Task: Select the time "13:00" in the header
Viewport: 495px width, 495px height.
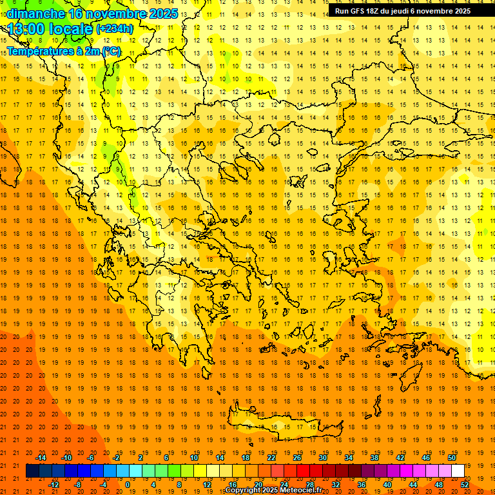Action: (26, 29)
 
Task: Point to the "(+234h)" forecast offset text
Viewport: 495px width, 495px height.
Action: (115, 29)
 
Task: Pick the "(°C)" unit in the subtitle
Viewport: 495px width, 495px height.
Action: (111, 51)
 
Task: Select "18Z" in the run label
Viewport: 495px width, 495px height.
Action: (379, 11)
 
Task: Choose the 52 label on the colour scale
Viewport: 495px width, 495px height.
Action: (465, 485)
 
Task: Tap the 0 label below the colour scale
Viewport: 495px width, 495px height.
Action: (128, 485)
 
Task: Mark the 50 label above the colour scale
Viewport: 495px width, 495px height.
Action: (452, 457)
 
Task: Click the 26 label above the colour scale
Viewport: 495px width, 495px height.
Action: (297, 457)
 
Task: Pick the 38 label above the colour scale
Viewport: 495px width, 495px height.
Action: (374, 457)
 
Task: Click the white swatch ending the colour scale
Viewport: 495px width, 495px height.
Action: (458, 471)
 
